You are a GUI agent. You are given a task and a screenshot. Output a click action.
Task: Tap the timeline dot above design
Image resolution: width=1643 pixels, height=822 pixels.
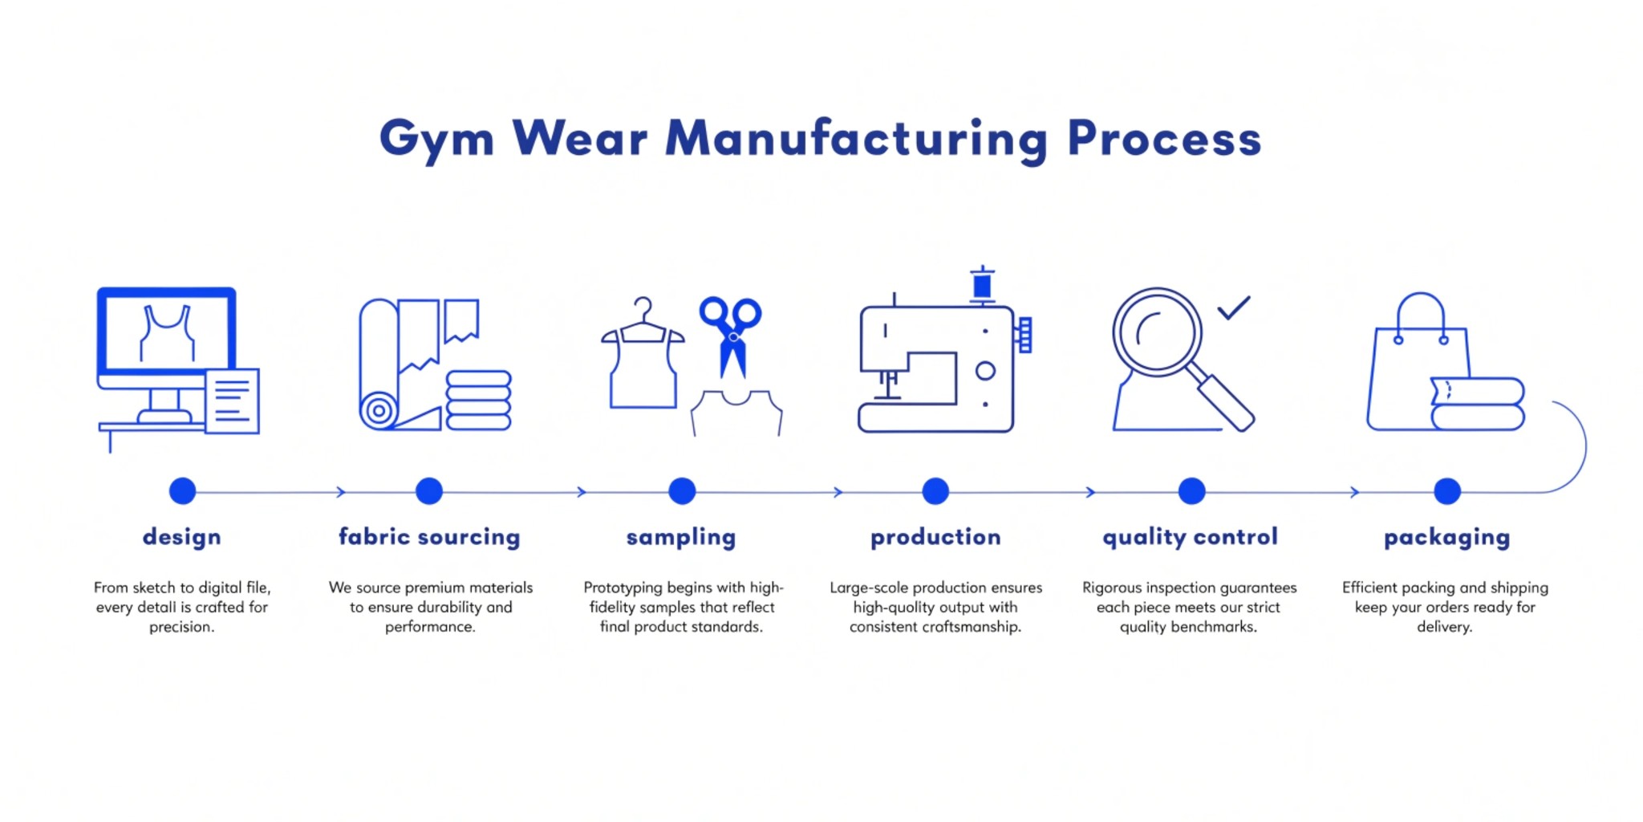[x=183, y=491]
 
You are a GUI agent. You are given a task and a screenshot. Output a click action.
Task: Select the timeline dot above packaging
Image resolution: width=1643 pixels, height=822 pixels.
[x=1447, y=491]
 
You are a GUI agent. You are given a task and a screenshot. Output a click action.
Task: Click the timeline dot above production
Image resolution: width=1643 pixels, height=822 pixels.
[x=935, y=491]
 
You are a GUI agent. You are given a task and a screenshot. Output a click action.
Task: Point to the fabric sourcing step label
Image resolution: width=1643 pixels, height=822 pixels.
[x=429, y=536]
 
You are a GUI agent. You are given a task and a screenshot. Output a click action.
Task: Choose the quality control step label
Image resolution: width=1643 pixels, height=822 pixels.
[x=1190, y=536]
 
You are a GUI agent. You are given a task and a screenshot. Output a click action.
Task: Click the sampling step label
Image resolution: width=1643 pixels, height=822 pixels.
[x=681, y=536]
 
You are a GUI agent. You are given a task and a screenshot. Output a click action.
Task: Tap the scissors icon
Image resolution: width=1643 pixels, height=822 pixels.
[x=731, y=333]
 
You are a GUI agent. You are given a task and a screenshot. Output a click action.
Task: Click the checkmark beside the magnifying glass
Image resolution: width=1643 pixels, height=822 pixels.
[x=1234, y=307]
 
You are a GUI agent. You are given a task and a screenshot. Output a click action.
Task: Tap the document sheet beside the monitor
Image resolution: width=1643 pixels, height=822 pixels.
[x=232, y=401]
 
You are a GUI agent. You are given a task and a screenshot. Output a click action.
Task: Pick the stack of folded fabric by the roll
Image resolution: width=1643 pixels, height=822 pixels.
[x=478, y=401]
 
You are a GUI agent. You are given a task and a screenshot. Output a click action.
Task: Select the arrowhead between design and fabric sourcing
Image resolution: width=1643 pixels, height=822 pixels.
[x=341, y=492]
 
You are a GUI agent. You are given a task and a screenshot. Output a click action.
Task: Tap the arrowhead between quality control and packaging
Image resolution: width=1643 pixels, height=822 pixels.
[x=1355, y=492]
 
